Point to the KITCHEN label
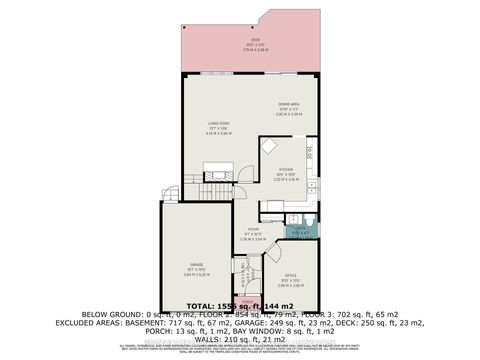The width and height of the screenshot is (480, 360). [x=285, y=170]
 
